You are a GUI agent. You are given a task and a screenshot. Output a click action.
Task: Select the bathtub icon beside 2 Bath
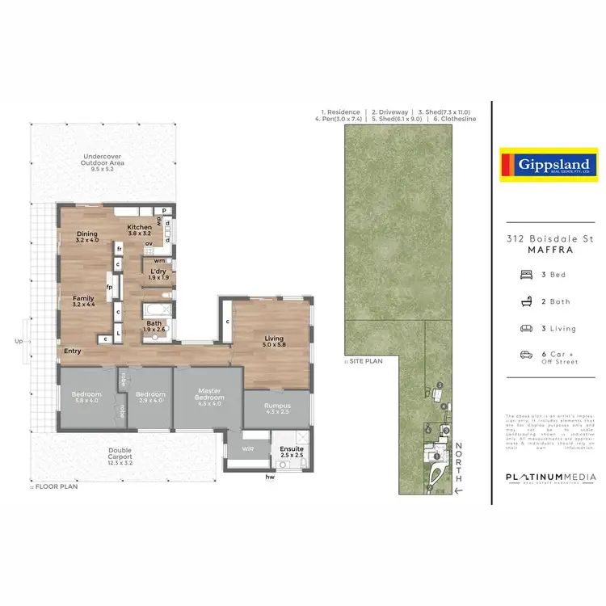(x=526, y=301)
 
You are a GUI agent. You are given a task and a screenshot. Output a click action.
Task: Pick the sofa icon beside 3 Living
(x=526, y=328)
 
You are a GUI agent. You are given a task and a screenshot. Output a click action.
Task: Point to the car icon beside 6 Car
(x=526, y=355)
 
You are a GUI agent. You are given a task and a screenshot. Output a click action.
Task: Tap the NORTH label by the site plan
(x=458, y=463)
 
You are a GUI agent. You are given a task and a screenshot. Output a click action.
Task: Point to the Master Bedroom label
(x=209, y=394)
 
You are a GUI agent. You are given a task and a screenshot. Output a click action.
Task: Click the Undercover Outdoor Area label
(x=102, y=162)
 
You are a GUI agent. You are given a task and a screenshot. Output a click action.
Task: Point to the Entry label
(x=74, y=351)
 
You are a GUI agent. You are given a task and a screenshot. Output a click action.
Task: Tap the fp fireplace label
(x=108, y=287)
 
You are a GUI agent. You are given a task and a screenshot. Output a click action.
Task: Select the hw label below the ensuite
(x=270, y=476)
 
